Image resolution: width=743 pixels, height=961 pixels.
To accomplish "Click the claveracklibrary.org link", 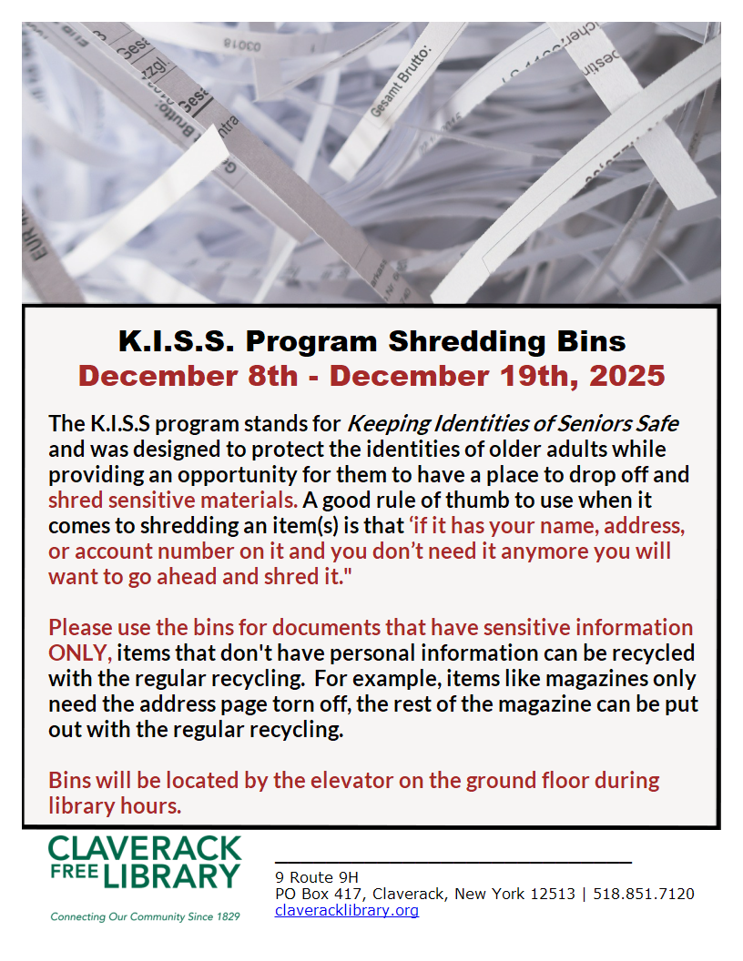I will coord(347,910).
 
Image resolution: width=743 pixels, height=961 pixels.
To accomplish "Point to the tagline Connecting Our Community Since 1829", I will coord(146,916).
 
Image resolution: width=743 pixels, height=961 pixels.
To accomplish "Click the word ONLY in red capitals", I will coord(80,652).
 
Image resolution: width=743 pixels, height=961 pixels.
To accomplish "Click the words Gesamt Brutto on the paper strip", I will coord(402,81).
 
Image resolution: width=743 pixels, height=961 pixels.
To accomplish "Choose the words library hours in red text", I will coord(115,805).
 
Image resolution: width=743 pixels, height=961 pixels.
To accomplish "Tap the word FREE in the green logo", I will coord(72,876).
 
